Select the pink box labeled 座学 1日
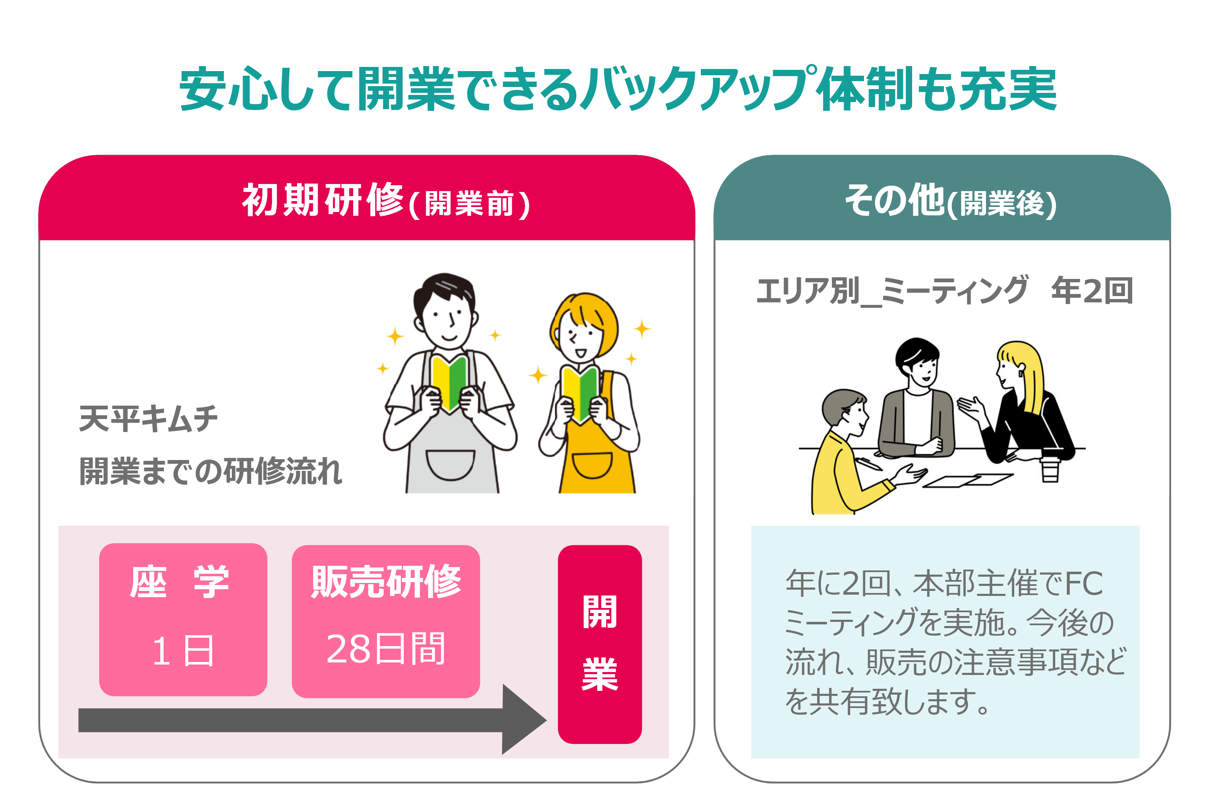[x=183, y=619]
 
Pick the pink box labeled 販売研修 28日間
[x=385, y=621]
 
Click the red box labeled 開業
[x=599, y=644]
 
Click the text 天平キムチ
[x=148, y=419]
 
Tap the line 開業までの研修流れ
[x=210, y=471]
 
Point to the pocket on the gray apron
[x=450, y=464]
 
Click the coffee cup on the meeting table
[x=1049, y=469]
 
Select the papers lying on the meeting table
[x=967, y=480]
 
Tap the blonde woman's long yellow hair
[x=1031, y=378]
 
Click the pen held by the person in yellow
[x=870, y=463]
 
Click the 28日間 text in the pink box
[x=385, y=649]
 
